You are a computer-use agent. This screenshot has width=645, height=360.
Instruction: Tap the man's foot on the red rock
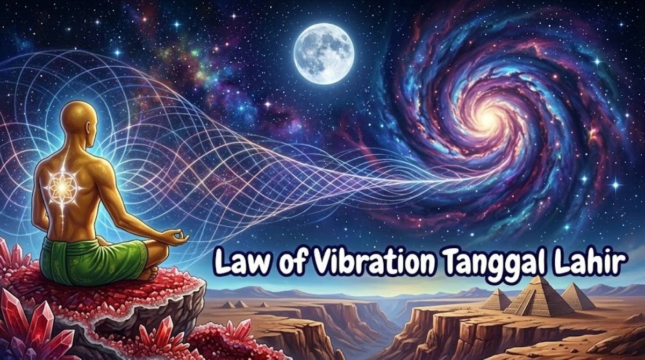point(146,274)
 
